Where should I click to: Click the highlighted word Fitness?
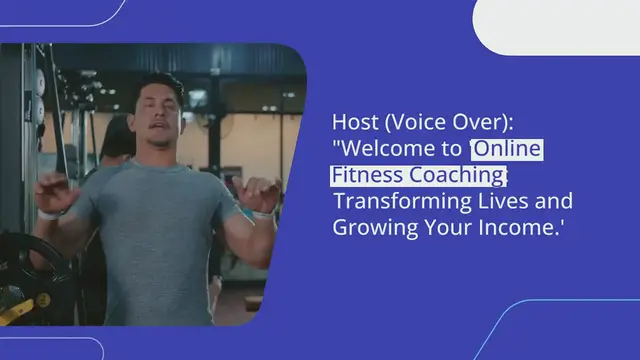click(364, 175)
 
